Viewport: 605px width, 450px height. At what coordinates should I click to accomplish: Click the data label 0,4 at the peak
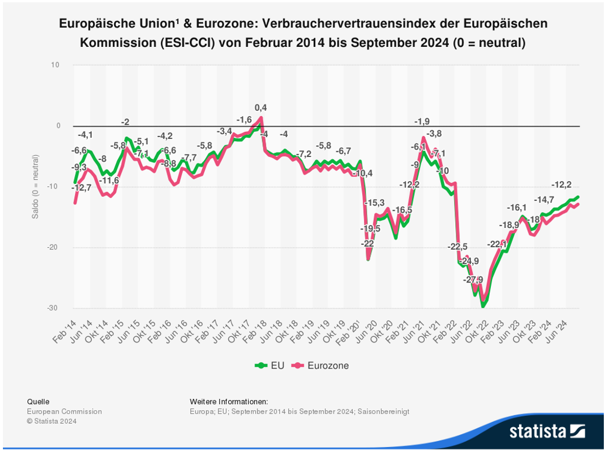tap(260, 108)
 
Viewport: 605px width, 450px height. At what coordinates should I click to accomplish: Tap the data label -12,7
tap(81, 188)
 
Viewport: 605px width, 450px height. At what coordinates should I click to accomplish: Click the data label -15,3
tap(374, 203)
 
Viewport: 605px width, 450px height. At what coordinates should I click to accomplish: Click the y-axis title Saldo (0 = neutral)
tap(35, 186)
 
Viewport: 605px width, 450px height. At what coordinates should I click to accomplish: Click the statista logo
tap(547, 431)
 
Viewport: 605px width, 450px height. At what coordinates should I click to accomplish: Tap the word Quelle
tap(39, 401)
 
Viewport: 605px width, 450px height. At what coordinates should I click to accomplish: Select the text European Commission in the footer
tap(64, 411)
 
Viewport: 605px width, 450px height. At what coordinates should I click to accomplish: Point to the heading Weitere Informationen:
tap(229, 401)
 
